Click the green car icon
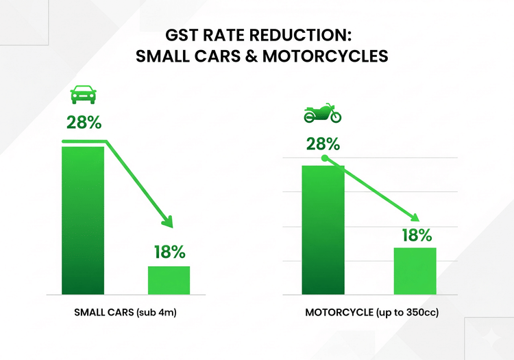[83, 94]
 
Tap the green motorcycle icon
[322, 114]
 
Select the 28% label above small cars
[84, 123]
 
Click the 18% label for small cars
[169, 252]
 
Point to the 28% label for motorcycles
[323, 144]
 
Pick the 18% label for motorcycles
[415, 235]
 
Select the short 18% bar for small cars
[169, 280]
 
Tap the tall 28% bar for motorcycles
[323, 230]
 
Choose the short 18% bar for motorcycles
[415, 271]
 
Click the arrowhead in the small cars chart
[165, 221]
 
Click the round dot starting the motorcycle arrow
[325, 159]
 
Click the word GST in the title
[182, 34]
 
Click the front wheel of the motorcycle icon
[335, 117]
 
